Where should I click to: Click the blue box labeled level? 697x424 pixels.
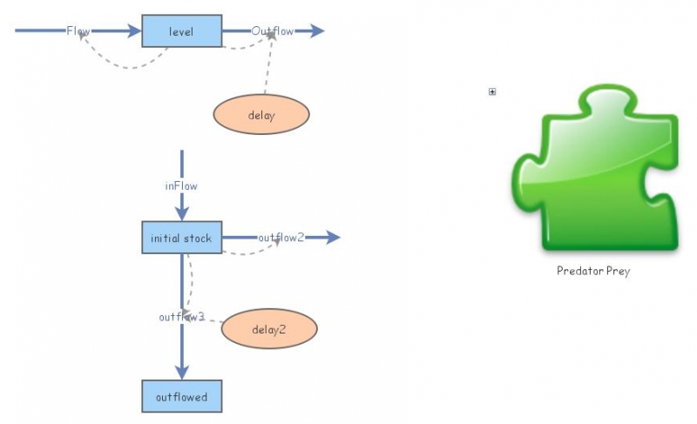point(181,31)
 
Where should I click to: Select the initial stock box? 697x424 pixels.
point(181,238)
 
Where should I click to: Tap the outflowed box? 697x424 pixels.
point(181,396)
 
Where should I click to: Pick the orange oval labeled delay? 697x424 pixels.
point(261,115)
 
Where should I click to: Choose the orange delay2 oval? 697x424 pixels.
point(269,329)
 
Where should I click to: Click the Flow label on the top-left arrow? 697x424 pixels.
point(78,31)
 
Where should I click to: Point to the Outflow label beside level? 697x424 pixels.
point(273,31)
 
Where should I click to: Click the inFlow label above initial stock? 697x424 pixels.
point(181,185)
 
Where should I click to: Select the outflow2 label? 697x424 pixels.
point(281,238)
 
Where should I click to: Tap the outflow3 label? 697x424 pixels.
point(181,317)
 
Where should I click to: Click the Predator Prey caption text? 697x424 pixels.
point(593,271)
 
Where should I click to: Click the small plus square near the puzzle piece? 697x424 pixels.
point(492,91)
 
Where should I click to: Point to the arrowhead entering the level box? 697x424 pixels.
point(133,31)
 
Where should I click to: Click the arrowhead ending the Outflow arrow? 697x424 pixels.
point(317,31)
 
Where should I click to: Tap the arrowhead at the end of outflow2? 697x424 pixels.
point(333,238)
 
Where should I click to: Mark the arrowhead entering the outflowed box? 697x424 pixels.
point(181,372)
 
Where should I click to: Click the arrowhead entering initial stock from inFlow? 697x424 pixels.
point(181,214)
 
